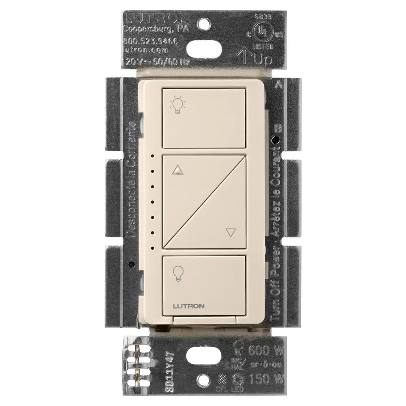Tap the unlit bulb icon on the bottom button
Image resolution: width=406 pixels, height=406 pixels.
(x=177, y=272)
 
